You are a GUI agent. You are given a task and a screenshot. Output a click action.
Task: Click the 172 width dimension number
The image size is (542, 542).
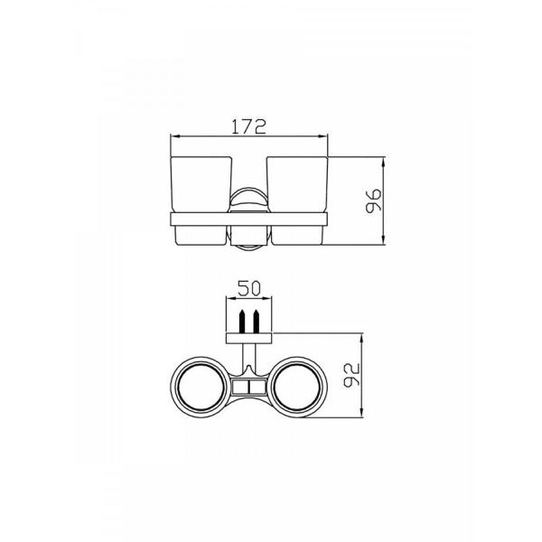[249, 126]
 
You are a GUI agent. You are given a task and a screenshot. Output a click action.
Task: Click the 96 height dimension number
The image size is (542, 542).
[374, 201]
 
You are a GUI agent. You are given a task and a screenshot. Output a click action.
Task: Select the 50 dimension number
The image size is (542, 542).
[249, 289]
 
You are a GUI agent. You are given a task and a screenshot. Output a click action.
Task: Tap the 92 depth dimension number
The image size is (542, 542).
[352, 375]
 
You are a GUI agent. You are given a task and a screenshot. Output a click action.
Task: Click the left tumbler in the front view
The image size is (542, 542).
[201, 201]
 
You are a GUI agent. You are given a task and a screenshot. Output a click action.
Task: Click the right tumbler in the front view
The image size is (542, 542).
[297, 201]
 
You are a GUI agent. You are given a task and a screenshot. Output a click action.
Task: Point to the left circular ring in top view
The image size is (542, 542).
[172, 388]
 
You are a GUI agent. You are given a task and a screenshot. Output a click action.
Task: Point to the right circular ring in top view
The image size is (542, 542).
[326, 388]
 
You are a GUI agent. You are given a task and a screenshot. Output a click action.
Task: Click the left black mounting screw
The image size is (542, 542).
[242, 322]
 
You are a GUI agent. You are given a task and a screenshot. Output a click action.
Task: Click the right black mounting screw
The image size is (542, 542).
[257, 322]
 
